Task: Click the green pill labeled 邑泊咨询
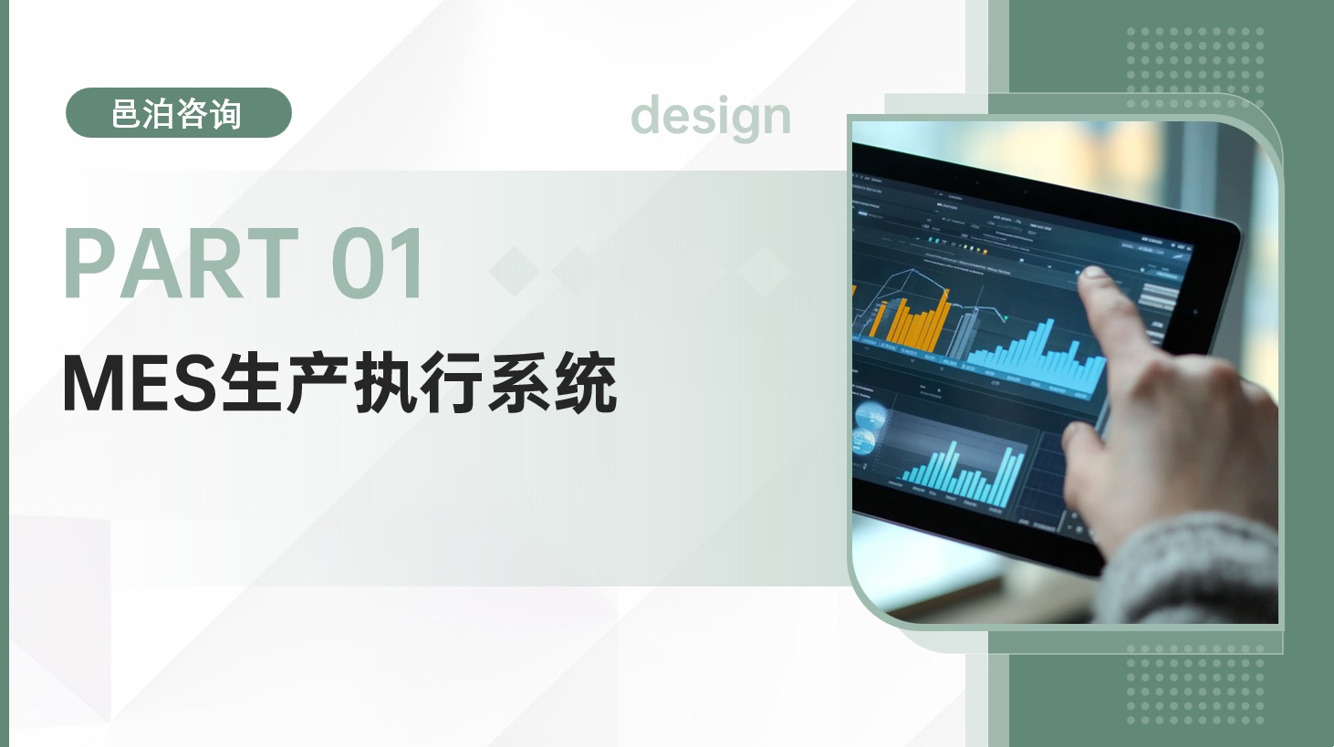point(179,113)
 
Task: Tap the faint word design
point(711,117)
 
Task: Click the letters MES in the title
point(137,383)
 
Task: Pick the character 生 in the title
point(249,383)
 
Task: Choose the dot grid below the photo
point(1195,684)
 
